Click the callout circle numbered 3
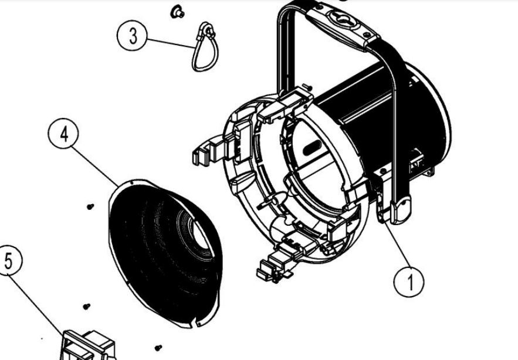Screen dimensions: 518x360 click(132, 35)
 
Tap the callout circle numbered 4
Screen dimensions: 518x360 click(63, 135)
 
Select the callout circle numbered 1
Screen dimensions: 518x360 click(409, 281)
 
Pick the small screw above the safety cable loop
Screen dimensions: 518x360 click(178, 12)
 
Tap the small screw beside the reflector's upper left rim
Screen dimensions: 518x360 click(90, 207)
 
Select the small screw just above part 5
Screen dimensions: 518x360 click(87, 307)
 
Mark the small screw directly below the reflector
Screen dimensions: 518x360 click(158, 348)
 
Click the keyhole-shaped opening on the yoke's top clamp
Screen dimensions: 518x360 click(344, 19)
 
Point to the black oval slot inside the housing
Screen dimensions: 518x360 click(312, 147)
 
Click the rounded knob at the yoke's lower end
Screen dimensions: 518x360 click(401, 209)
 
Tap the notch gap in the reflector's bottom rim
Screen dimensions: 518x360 click(194, 325)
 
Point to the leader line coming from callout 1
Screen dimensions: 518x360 click(397, 244)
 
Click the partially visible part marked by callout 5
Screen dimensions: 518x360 click(88, 345)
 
